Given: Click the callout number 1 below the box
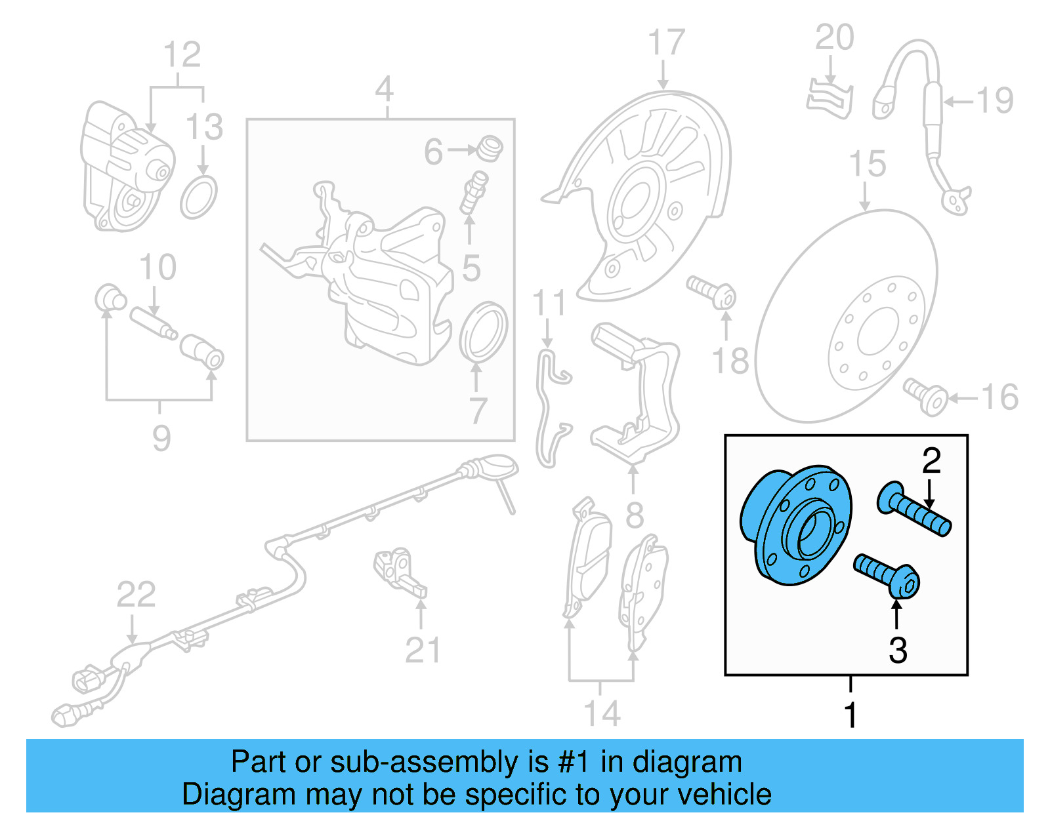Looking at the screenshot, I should (850, 715).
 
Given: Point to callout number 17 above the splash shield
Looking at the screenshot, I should (665, 43).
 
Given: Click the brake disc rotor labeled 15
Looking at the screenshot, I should (847, 315).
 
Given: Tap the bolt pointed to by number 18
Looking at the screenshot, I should (712, 292).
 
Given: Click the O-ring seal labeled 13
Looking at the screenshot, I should (199, 197).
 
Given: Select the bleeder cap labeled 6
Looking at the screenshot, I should (490, 148).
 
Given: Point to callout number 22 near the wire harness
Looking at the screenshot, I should (136, 595).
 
